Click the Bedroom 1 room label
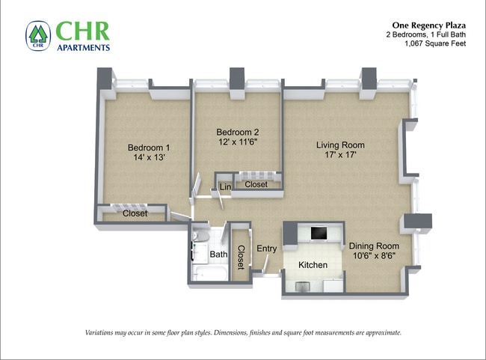point(149,147)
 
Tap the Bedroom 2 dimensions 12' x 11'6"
point(238,141)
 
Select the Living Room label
point(340,145)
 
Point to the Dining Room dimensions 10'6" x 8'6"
point(374,256)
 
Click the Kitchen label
point(313,265)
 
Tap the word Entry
point(267,248)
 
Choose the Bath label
point(218,254)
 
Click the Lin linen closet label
point(225,186)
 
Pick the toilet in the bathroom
point(200,236)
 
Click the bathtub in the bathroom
point(210,273)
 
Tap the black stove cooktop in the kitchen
point(319,233)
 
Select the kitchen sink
point(303,286)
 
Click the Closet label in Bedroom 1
point(135,213)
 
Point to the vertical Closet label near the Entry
point(241,257)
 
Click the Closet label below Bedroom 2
point(256,184)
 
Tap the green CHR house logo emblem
point(38,36)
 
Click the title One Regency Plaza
point(428,25)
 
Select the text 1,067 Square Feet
point(435,43)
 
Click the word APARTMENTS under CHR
point(84,47)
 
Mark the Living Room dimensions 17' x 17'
point(340,154)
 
